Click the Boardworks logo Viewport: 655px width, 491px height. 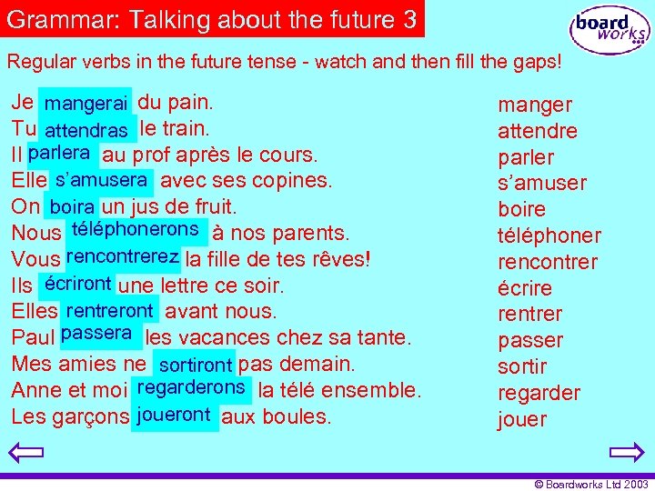(610, 31)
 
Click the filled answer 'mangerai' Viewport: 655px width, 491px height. (86, 104)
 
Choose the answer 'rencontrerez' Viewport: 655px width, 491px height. (122, 256)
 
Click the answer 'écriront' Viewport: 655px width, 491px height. (77, 283)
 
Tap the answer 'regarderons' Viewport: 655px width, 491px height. (190, 387)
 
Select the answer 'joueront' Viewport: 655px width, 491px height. (174, 415)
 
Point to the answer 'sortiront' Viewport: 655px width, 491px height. (195, 365)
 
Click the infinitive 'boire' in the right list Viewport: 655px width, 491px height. (521, 209)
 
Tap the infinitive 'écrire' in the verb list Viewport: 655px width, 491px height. (525, 288)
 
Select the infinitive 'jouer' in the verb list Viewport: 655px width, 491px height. (522, 419)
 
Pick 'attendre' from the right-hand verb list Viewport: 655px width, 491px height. (537, 131)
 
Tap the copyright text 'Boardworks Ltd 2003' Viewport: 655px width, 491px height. (595, 484)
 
